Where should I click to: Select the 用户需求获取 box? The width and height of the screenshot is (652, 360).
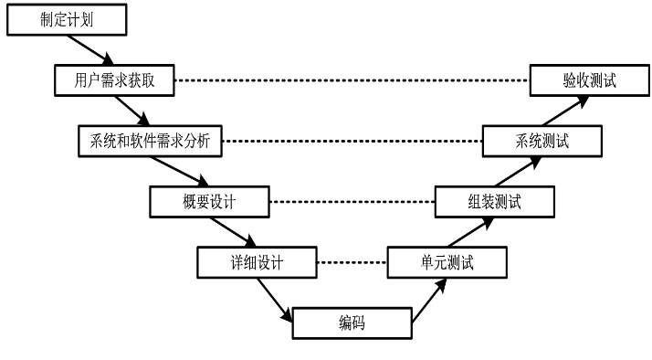tap(114, 80)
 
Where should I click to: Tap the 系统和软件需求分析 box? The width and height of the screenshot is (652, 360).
tap(149, 141)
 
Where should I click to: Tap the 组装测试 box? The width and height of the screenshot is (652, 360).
tap(493, 201)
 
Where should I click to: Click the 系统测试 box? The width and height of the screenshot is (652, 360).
tap(542, 141)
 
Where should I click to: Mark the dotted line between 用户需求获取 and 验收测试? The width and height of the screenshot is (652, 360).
tap(352, 80)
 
